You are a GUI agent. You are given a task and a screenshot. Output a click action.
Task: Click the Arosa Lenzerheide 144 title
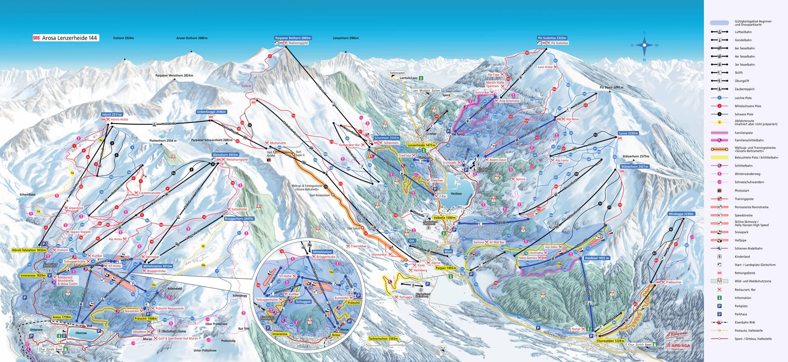click(66, 38)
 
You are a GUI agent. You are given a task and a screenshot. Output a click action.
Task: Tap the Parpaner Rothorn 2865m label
click(293, 38)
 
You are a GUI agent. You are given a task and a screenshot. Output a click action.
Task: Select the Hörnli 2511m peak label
click(112, 115)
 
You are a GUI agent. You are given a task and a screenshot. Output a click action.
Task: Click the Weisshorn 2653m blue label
click(225, 155)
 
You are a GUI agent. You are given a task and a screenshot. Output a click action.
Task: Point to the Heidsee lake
click(456, 183)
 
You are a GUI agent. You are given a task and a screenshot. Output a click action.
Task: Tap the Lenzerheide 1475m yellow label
click(421, 145)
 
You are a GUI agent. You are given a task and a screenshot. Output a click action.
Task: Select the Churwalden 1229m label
click(610, 341)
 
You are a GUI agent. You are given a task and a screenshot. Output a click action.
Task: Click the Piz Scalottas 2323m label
click(552, 38)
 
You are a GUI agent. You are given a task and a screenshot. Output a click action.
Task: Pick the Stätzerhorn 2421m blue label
click(635, 167)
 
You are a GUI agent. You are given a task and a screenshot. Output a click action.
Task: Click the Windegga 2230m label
click(681, 214)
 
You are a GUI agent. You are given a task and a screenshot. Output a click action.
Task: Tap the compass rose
click(644, 45)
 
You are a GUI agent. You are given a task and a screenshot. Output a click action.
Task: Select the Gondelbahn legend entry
click(743, 40)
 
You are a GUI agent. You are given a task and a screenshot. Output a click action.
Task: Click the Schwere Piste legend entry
click(744, 114)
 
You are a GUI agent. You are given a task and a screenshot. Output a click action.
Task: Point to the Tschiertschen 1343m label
click(383, 339)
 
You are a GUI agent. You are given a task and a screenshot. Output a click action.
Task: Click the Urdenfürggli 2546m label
click(211, 112)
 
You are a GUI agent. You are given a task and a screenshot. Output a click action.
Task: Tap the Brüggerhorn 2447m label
click(239, 219)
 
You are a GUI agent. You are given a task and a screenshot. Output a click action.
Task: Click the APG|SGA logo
click(678, 346)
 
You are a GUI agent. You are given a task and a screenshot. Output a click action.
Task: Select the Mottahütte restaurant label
click(278, 143)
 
